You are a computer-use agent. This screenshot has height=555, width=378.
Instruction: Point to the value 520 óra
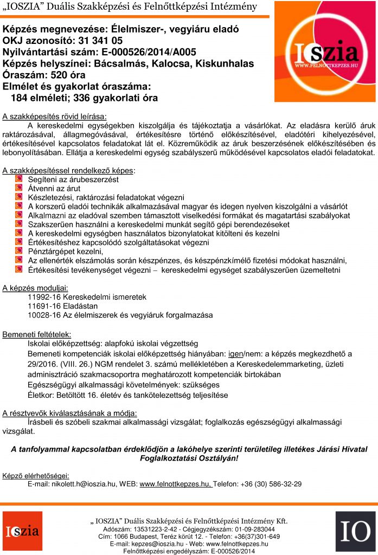(x=67, y=75)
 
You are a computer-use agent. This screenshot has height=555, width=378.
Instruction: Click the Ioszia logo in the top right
(x=324, y=53)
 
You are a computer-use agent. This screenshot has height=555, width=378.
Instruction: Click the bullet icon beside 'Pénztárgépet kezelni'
(x=18, y=251)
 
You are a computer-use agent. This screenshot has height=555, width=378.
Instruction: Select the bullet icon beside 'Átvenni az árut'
(x=18, y=188)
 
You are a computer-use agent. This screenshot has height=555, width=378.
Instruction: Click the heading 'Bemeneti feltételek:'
(x=36, y=334)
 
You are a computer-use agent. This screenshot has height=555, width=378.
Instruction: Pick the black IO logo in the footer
(x=355, y=531)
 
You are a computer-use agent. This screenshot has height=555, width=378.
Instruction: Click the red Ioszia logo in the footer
(x=22, y=531)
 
